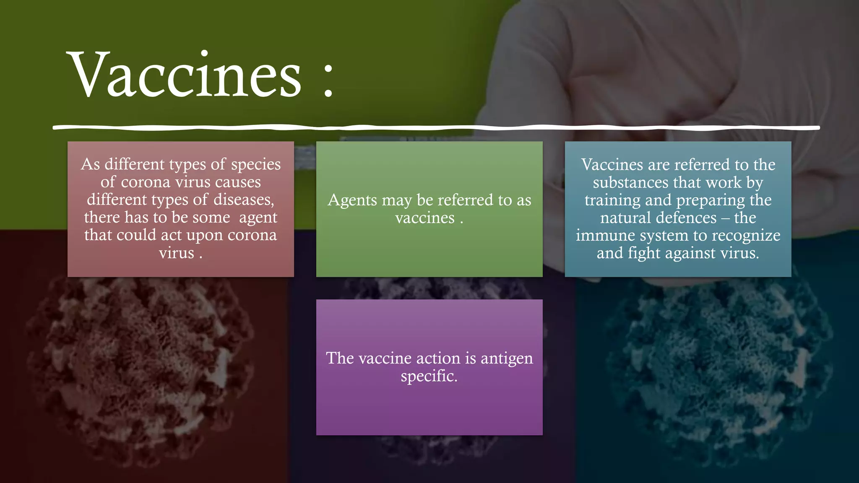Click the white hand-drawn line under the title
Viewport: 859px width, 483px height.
point(436,127)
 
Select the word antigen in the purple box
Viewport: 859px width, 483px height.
point(507,358)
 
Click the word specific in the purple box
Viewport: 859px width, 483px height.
point(429,376)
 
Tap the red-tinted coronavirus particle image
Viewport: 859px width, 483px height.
point(138,369)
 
